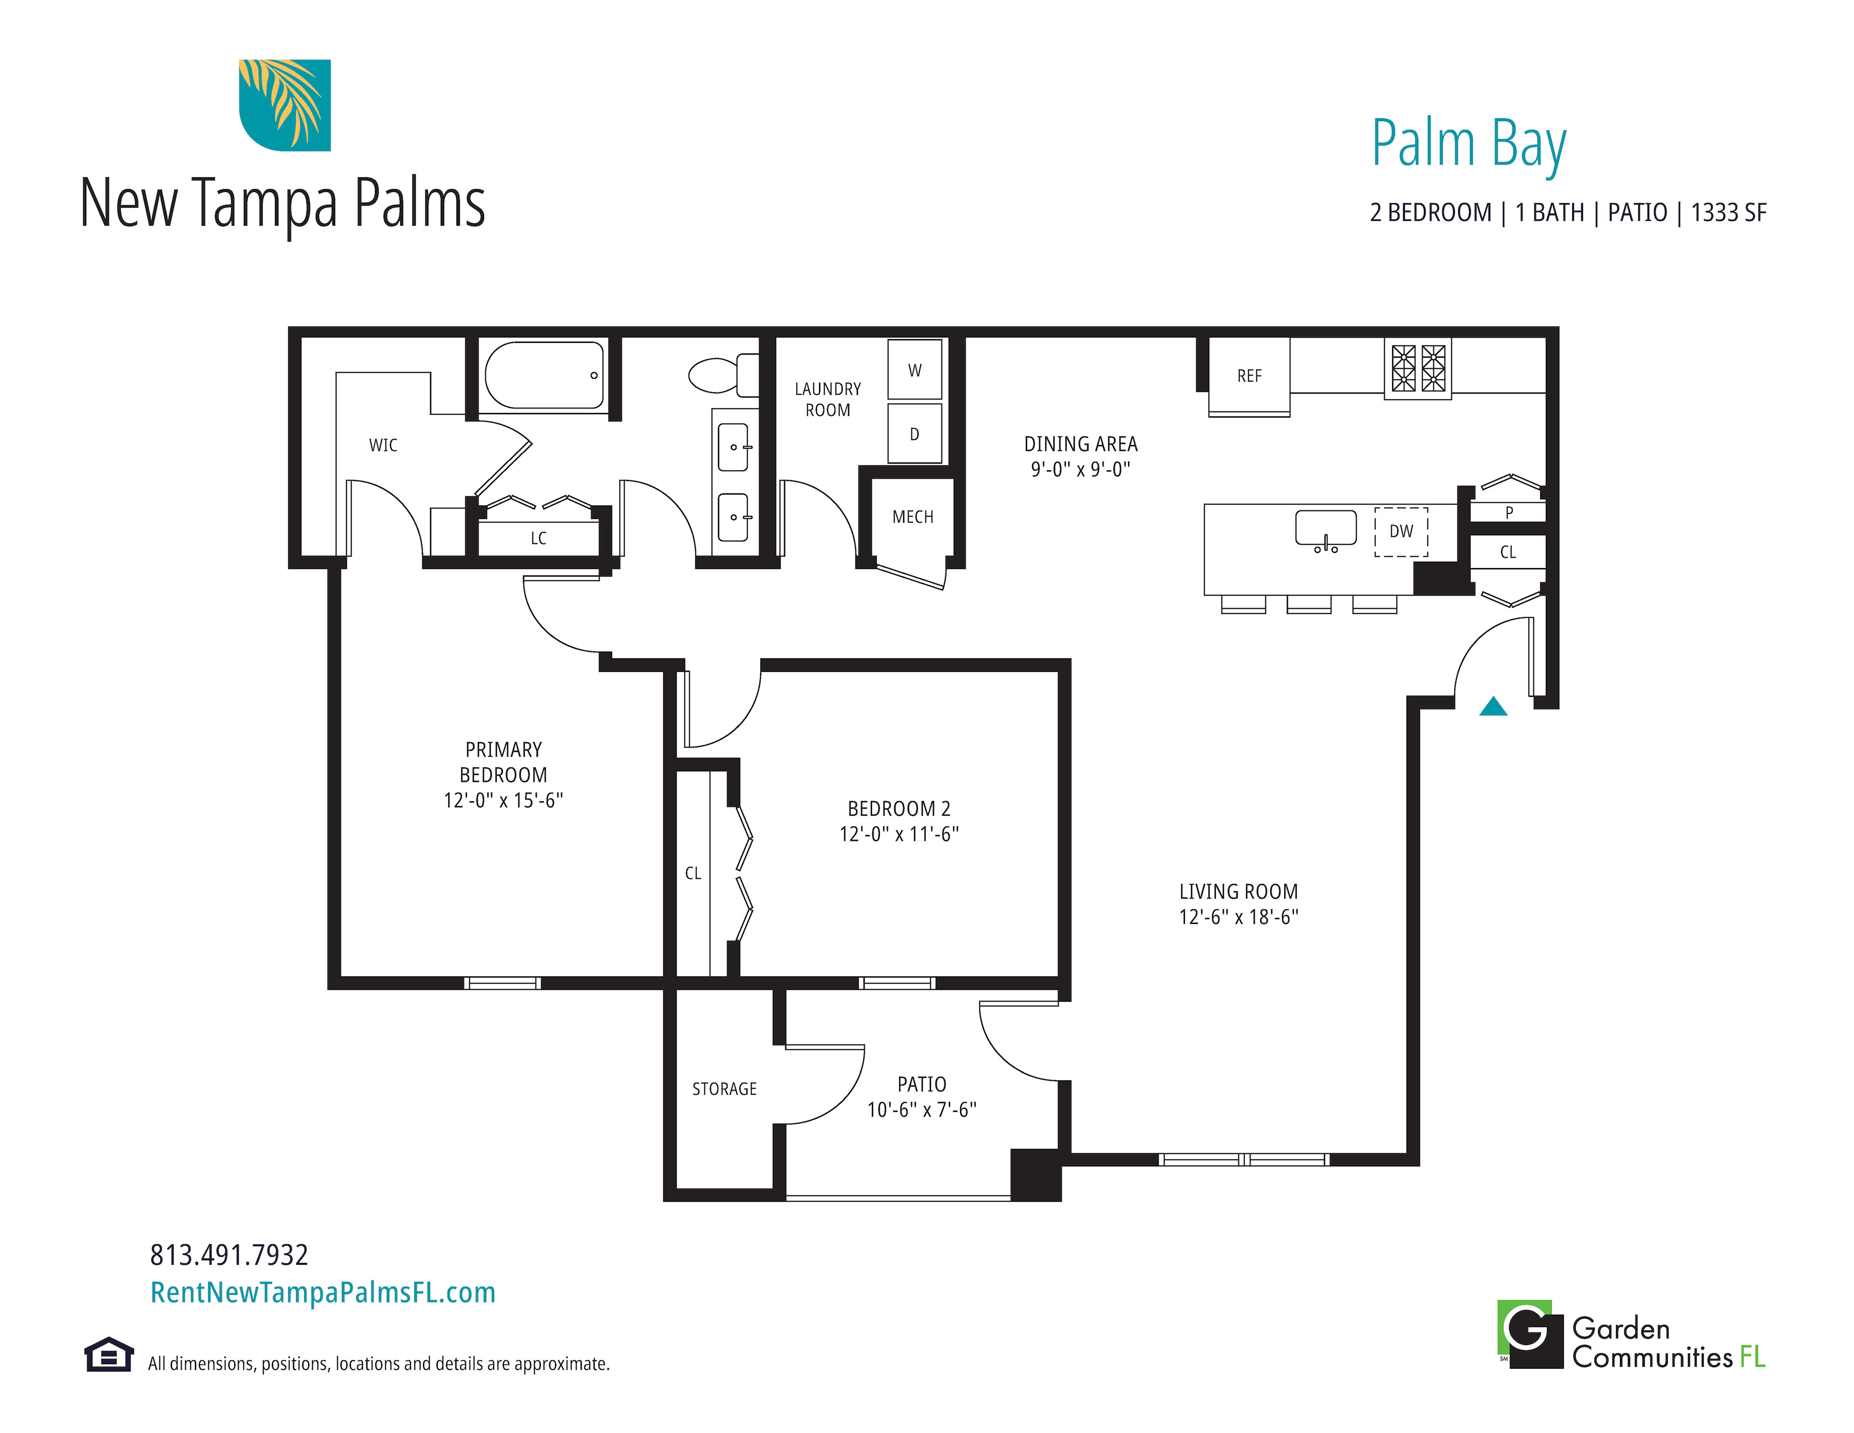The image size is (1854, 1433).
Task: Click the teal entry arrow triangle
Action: click(x=1493, y=706)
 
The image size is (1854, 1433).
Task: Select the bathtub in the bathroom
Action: click(x=544, y=375)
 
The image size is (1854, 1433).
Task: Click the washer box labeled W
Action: click(x=914, y=369)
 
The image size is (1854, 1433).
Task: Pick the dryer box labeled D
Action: click(x=914, y=434)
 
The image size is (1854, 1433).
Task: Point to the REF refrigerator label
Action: click(x=1249, y=376)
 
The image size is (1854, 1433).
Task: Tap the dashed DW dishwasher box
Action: click(x=1402, y=532)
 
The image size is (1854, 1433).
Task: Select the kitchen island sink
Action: click(x=1326, y=529)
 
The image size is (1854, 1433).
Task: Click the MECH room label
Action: click(x=912, y=517)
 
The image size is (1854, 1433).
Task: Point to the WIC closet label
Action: click(x=383, y=446)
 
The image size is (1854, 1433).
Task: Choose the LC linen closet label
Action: click(x=538, y=538)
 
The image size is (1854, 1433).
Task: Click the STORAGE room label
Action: click(x=724, y=1089)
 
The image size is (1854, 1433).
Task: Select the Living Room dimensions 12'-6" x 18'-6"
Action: click(x=1239, y=917)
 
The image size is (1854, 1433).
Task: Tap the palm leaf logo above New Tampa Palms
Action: click(x=284, y=105)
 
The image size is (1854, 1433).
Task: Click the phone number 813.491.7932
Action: click(x=229, y=1255)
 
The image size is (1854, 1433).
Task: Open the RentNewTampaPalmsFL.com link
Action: click(x=322, y=1292)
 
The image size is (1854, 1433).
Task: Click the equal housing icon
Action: click(x=108, y=1354)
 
